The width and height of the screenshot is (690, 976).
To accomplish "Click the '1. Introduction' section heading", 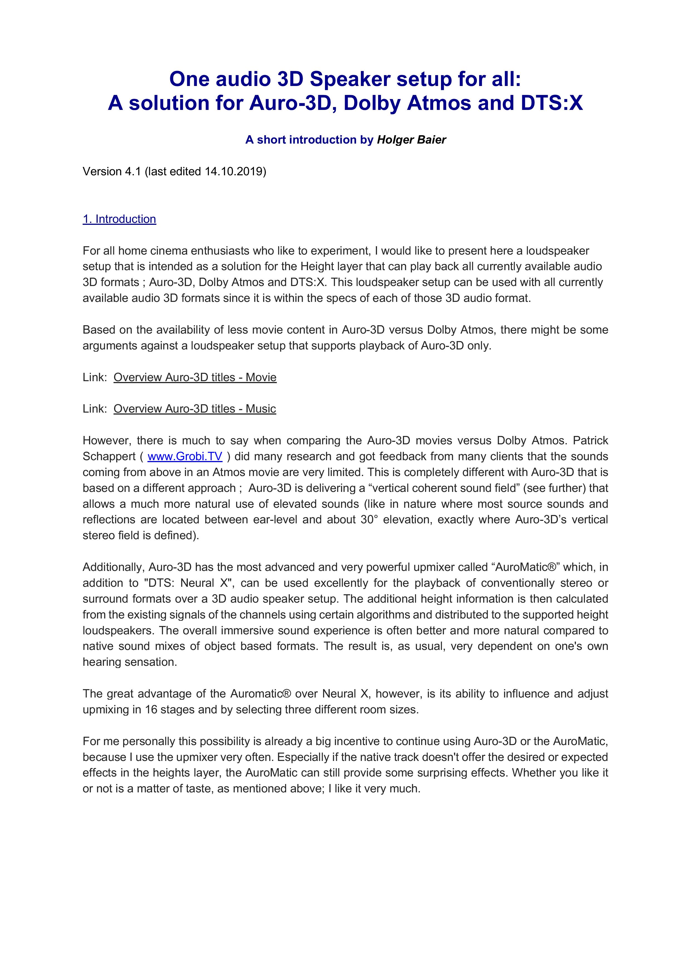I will pyautogui.click(x=119, y=219).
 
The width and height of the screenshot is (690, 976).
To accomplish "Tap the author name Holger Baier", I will pyautogui.click(x=411, y=140).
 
